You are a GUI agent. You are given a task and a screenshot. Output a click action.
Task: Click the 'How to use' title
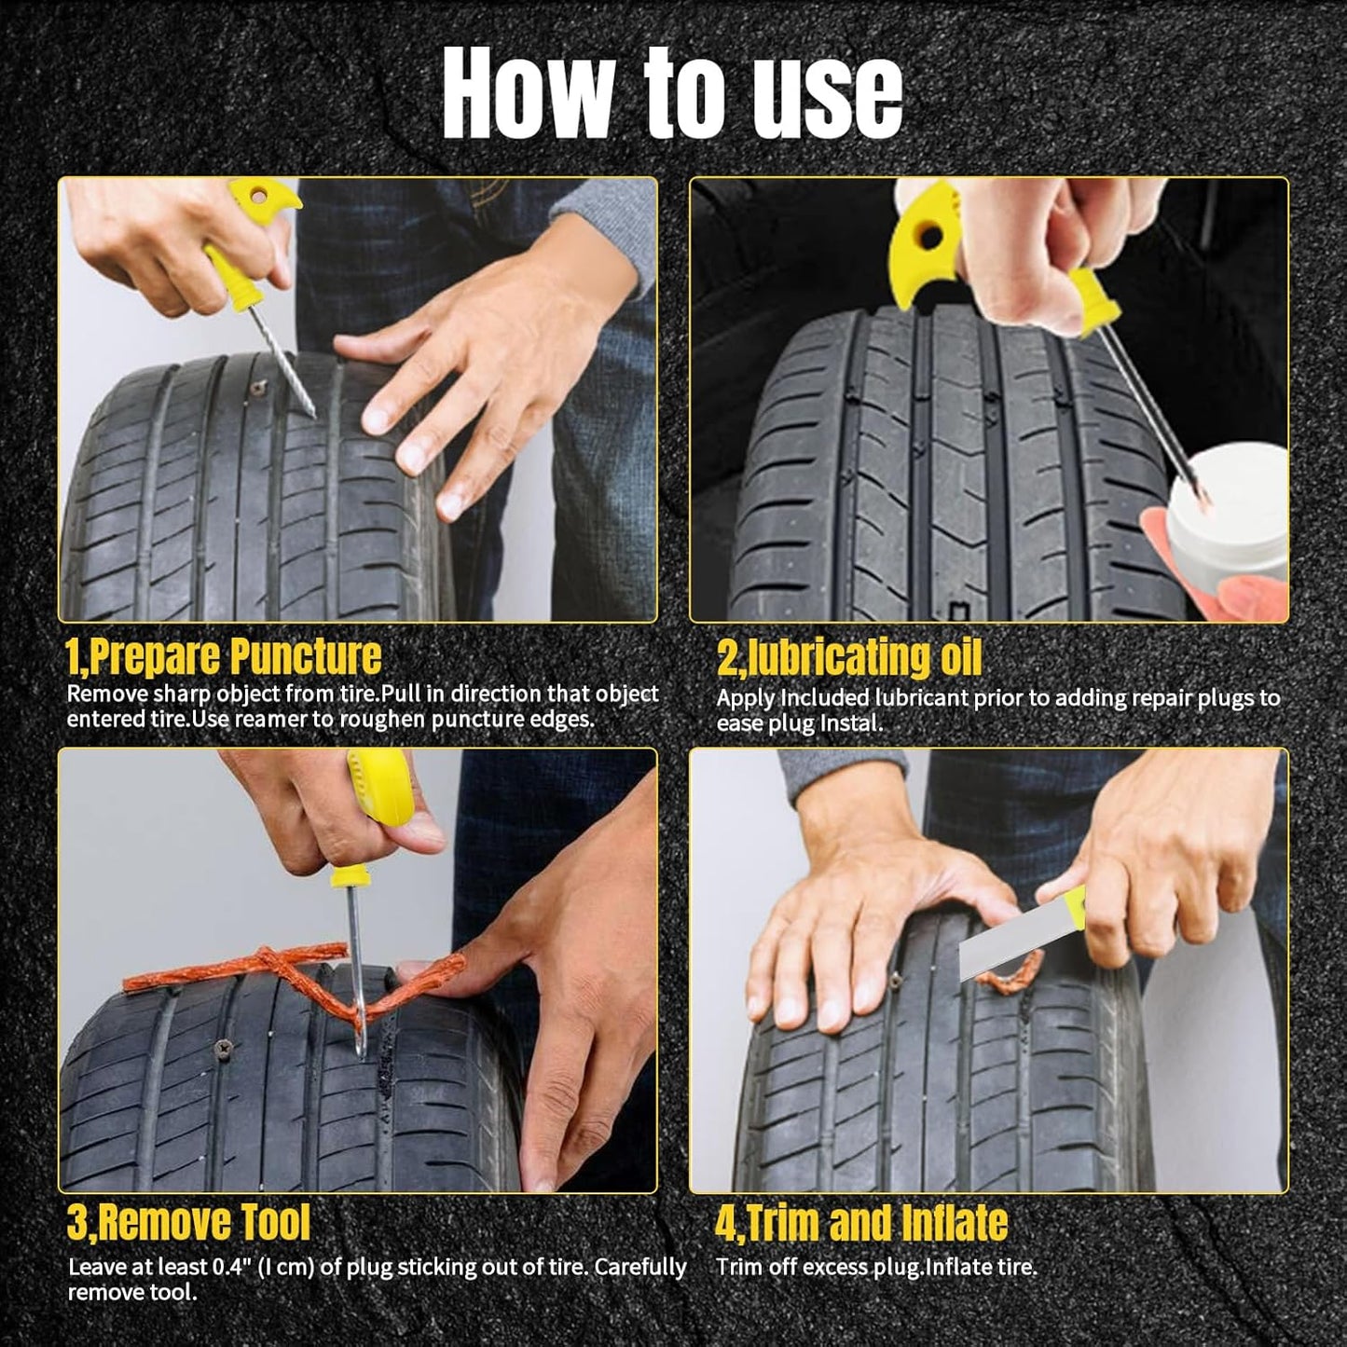click(x=672, y=93)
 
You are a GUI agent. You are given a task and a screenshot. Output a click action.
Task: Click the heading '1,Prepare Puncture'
click(x=224, y=656)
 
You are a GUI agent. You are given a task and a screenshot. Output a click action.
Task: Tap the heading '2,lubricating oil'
click(x=848, y=658)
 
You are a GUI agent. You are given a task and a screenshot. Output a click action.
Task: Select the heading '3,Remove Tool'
click(x=188, y=1222)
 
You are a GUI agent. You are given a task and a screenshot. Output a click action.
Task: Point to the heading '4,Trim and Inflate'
click(x=861, y=1223)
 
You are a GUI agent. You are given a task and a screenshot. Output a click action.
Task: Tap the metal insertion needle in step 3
click(x=355, y=969)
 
